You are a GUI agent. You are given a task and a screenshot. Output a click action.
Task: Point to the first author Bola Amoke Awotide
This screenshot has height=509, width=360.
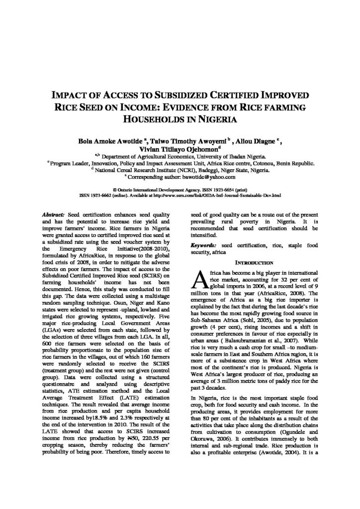point(107,140)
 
